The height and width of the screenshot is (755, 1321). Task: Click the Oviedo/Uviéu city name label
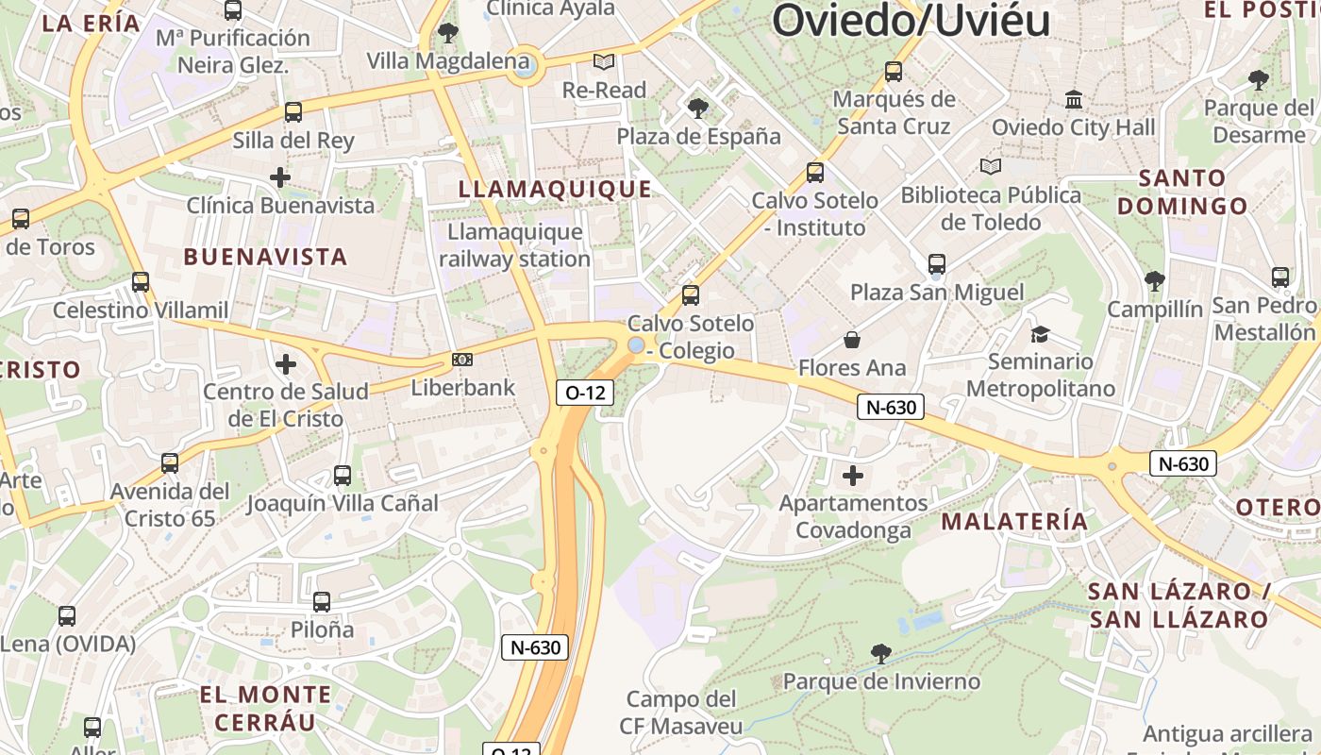[911, 20]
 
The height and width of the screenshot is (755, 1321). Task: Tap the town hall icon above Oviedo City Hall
[1074, 99]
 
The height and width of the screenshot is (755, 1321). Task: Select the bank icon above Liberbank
[462, 360]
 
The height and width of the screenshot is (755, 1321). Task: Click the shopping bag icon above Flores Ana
[852, 340]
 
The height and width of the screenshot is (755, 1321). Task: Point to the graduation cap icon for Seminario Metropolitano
[1040, 334]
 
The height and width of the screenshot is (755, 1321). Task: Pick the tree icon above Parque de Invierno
[881, 653]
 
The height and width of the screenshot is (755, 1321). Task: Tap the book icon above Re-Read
[604, 62]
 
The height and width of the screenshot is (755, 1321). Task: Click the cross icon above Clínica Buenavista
[280, 176]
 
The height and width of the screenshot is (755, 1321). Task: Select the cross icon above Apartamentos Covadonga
[853, 475]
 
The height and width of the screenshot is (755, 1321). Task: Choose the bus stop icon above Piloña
[322, 601]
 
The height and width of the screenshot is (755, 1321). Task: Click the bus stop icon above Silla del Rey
[293, 112]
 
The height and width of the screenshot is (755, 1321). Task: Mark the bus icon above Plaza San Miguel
[936, 264]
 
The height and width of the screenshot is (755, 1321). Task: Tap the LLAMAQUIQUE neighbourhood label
[555, 189]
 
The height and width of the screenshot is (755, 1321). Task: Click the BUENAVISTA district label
[265, 257]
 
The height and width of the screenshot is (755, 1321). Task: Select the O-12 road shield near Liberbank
[585, 393]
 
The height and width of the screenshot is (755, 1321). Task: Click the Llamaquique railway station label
[514, 245]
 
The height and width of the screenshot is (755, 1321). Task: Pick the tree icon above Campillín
[1154, 281]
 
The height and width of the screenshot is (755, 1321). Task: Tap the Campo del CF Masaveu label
[681, 713]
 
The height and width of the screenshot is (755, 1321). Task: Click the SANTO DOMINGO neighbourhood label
[1181, 192]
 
